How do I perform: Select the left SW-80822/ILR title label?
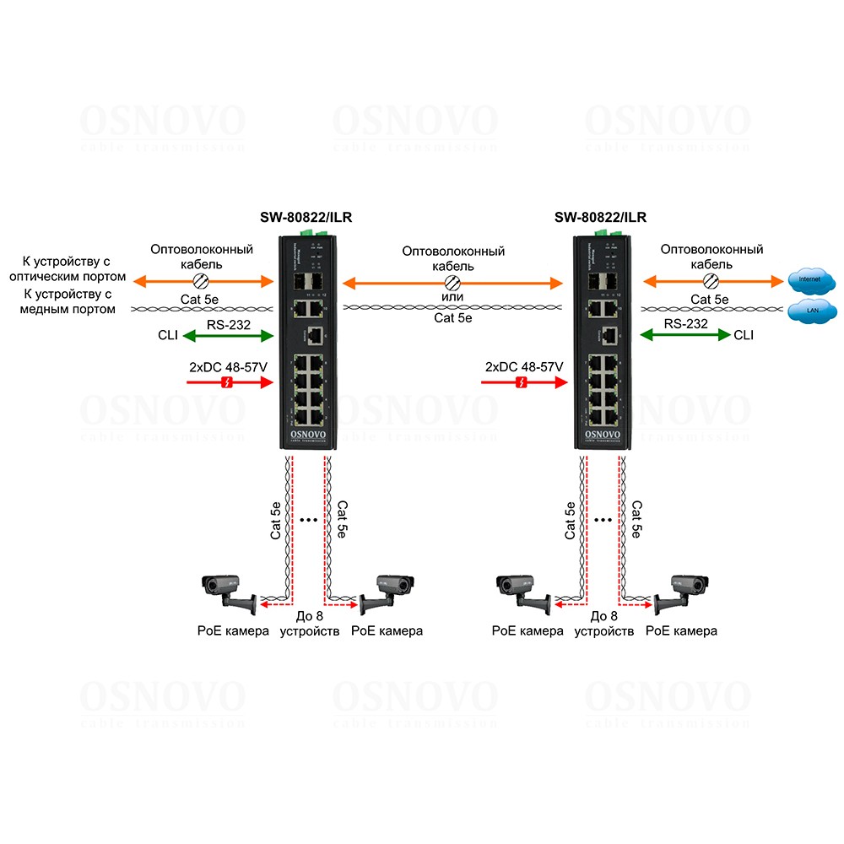306,218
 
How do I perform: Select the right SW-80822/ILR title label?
600,218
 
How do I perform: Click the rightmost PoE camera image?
682,591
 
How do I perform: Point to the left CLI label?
168,335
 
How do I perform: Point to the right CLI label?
744,335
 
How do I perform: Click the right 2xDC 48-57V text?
524,367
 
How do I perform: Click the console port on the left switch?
315,335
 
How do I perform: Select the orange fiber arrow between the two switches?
452,282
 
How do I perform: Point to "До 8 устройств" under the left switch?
309,624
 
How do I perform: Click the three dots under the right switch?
603,521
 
